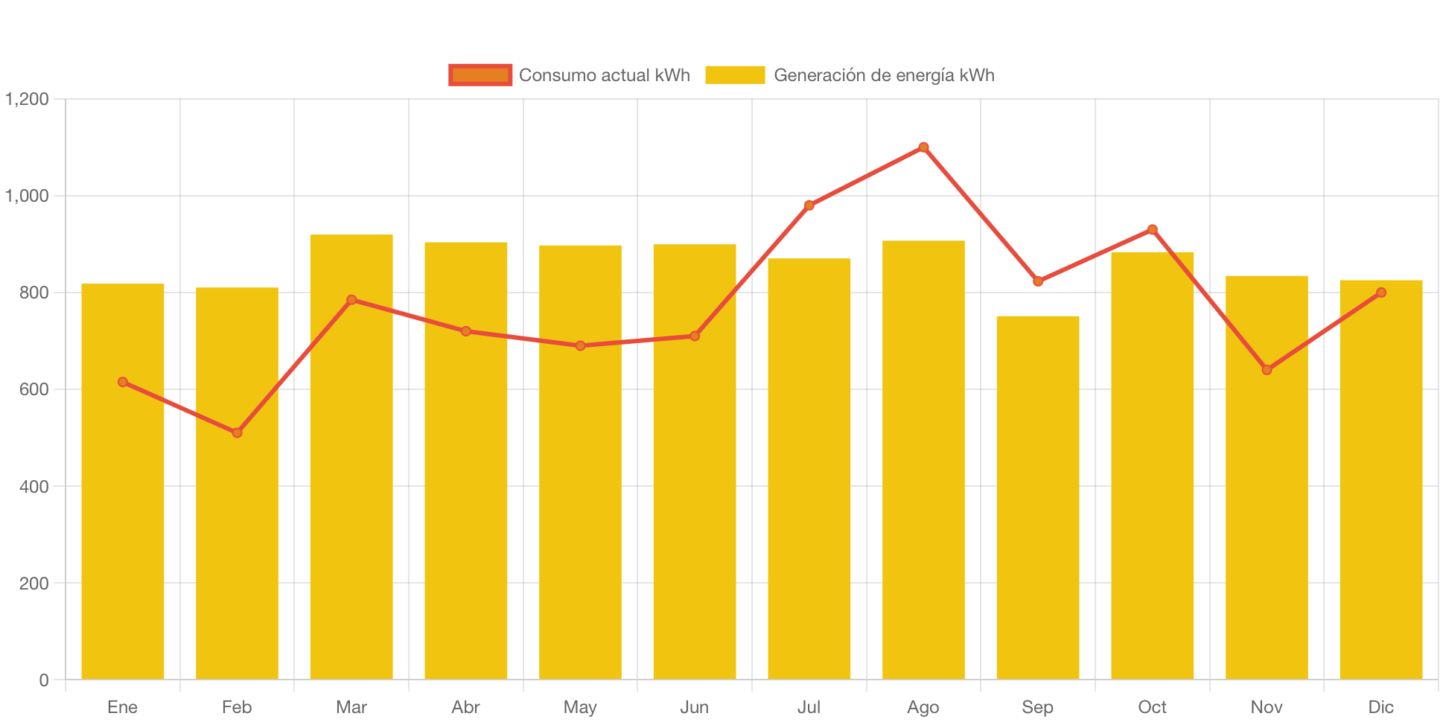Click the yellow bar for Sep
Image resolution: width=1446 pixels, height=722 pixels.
click(1037, 497)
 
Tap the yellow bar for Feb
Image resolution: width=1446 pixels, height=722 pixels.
click(237, 483)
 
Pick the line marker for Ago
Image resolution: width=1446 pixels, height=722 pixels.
click(923, 147)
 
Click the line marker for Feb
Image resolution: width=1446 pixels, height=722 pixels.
click(237, 432)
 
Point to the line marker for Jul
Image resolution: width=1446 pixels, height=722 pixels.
click(809, 205)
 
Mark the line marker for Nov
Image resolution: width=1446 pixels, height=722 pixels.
click(1267, 370)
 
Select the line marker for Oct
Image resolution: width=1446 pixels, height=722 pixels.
click(1152, 229)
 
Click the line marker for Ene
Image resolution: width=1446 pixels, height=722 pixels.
click(123, 382)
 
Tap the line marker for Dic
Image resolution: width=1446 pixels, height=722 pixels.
click(1381, 293)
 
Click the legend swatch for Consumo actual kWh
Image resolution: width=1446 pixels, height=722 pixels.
click(480, 75)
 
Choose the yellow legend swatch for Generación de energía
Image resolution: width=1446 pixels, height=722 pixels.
click(735, 75)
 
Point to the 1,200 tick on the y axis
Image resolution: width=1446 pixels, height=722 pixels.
click(27, 99)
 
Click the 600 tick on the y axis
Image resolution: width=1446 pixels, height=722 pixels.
click(34, 389)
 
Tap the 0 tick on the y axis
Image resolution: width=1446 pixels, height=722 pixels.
click(44, 680)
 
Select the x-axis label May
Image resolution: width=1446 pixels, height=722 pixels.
click(580, 707)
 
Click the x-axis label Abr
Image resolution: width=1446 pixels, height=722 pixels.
click(465, 707)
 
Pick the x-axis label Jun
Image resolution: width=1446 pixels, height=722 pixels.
click(695, 707)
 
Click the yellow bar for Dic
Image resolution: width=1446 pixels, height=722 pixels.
click(1381, 479)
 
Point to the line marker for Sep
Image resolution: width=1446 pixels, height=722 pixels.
click(1038, 281)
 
